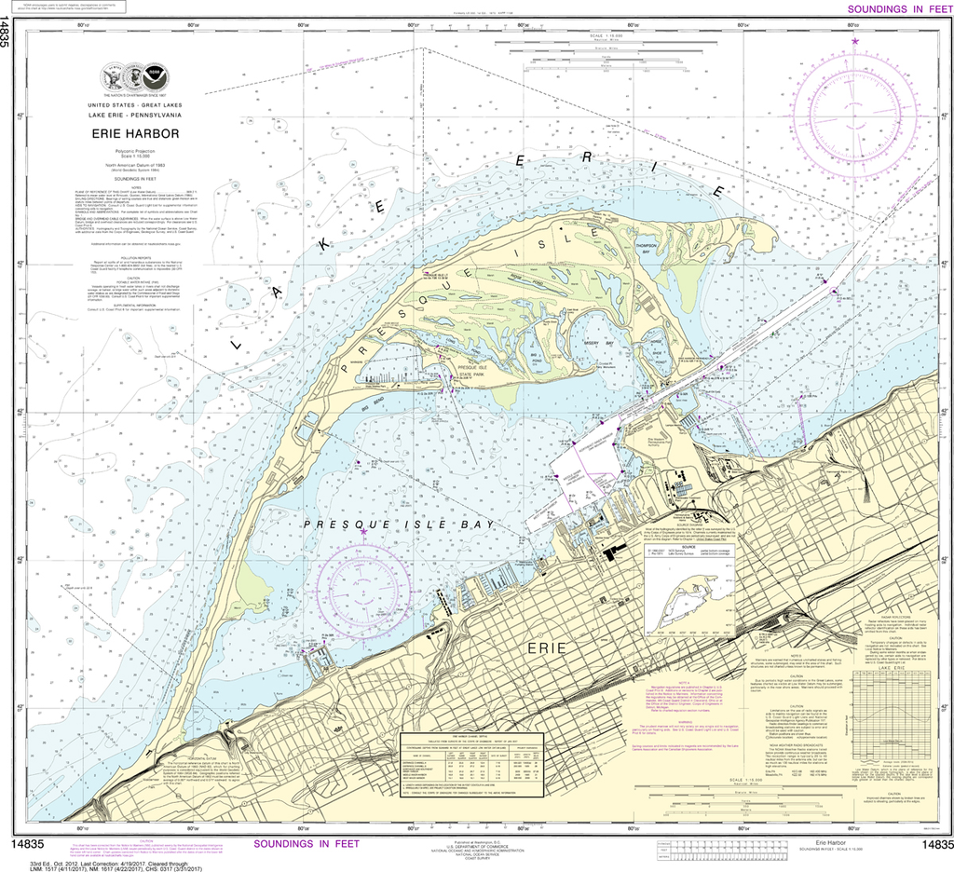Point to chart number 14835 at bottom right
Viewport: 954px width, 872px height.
coord(934,844)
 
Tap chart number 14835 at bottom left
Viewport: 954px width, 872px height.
coord(28,844)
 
